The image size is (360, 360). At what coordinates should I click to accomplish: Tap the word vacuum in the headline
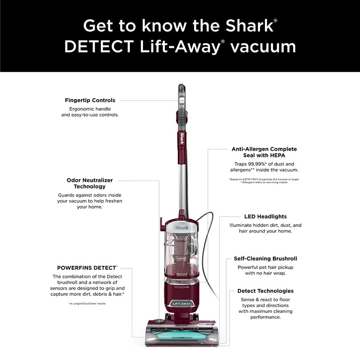263,47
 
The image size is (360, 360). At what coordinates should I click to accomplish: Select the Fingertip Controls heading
90,100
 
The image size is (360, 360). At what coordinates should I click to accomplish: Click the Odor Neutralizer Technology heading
90,183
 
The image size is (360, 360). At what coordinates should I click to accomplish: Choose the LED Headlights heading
265,217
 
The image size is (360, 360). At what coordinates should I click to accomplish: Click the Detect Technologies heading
265,291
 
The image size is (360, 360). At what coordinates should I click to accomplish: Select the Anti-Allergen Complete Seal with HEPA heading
264,152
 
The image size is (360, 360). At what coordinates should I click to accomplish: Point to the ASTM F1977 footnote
264,179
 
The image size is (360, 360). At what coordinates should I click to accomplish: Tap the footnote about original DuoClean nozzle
87,304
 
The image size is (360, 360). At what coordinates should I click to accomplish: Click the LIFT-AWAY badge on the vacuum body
181,304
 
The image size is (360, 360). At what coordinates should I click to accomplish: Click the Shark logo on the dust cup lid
182,228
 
